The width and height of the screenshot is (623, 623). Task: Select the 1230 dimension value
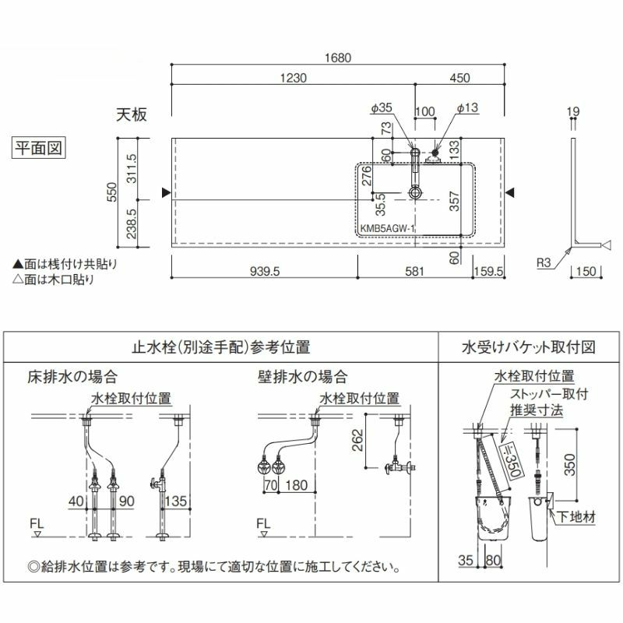[x=293, y=78]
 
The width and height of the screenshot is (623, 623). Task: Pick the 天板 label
[x=132, y=114]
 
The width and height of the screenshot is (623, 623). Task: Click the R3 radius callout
[x=545, y=264]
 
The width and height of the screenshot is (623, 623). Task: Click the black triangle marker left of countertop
[x=164, y=192]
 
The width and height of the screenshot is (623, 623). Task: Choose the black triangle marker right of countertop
[x=510, y=192]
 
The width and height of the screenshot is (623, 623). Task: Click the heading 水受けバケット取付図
[x=529, y=346]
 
